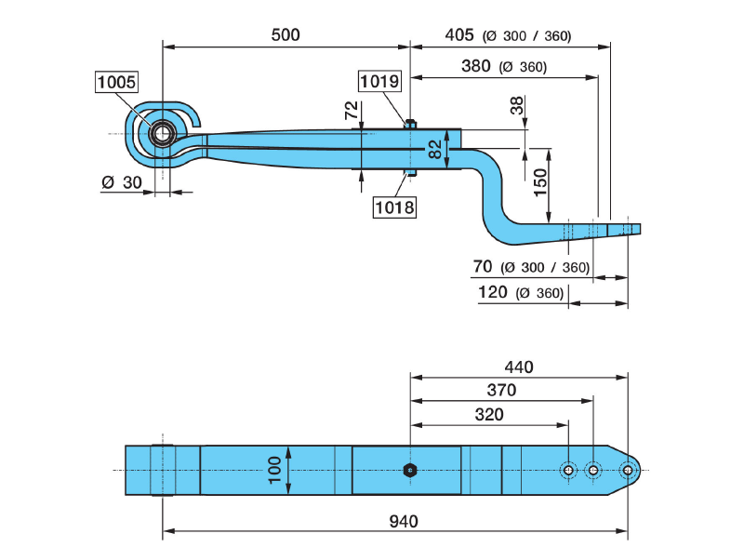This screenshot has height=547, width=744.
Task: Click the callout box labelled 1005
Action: [x=116, y=83]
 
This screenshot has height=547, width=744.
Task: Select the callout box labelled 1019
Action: [x=380, y=82]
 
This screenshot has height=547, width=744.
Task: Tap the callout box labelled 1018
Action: [x=394, y=207]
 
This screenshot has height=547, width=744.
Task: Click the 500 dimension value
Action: [x=286, y=34]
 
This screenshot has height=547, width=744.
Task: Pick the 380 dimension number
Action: [x=476, y=66]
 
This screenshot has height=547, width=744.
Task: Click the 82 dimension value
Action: [x=435, y=149]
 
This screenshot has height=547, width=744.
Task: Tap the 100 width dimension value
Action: [x=276, y=471]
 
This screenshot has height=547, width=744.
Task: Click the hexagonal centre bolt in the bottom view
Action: [x=410, y=471]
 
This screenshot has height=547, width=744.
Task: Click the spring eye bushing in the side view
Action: [x=163, y=134]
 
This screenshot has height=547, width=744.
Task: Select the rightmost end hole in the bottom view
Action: [x=630, y=471]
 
